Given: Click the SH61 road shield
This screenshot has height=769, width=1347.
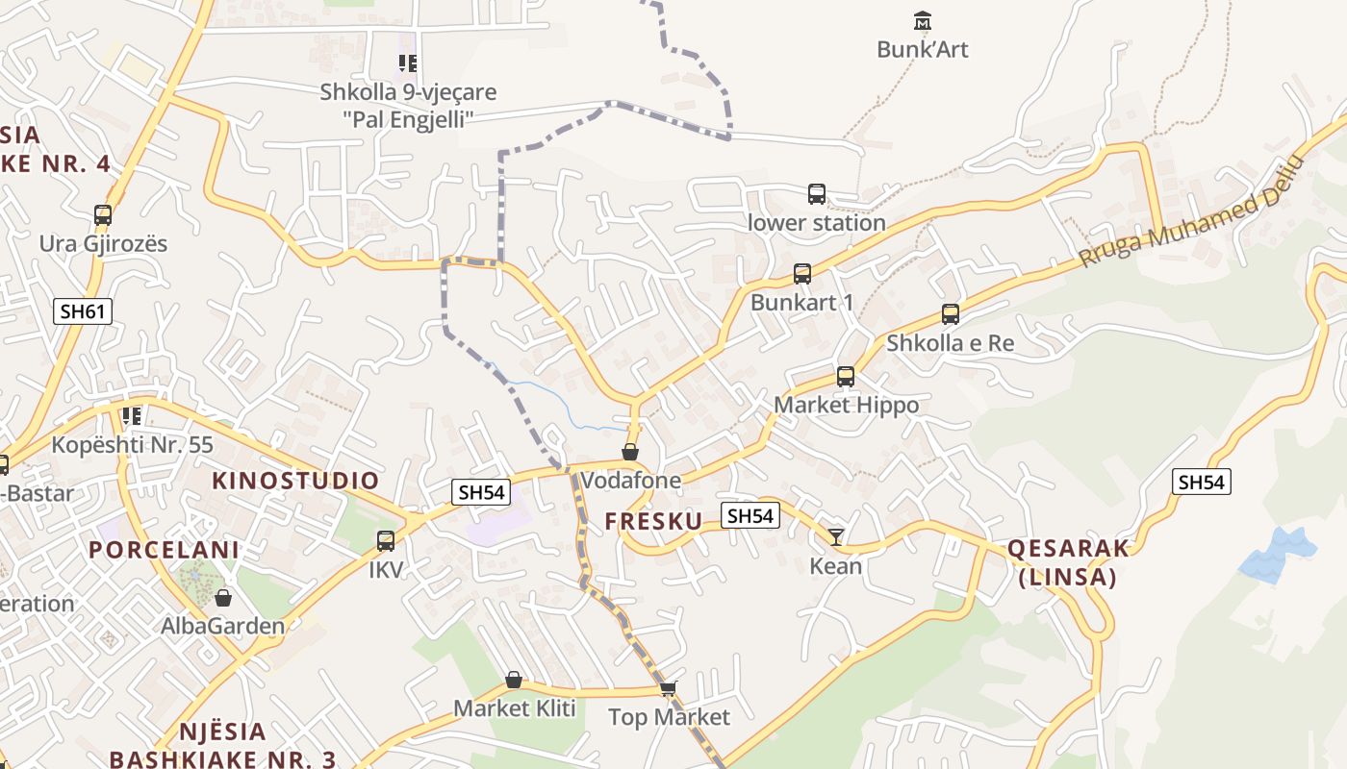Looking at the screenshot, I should tap(82, 310).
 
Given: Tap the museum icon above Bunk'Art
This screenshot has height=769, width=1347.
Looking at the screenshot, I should tap(923, 20).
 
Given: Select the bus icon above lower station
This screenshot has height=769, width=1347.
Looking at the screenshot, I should tap(816, 194).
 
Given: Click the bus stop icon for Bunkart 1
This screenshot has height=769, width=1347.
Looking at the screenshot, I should tap(802, 274).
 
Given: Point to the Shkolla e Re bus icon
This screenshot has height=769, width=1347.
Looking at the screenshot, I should tap(951, 314).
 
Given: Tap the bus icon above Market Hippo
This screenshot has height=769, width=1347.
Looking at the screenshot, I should tap(846, 377).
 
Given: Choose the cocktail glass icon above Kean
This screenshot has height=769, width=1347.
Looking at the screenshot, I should tap(836, 536).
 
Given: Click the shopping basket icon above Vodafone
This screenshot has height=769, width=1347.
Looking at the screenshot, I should tap(630, 452).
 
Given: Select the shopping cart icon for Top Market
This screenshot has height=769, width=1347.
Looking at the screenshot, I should tap(669, 688).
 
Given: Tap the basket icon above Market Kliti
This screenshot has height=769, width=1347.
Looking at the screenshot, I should tap(514, 681).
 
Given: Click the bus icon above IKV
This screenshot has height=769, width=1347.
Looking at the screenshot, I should tap(386, 541).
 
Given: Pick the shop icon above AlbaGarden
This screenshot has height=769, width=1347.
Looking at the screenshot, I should tap(223, 598).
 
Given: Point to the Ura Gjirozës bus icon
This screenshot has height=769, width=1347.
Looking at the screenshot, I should tap(103, 215).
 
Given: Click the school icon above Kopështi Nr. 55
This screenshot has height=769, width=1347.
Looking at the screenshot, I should tap(132, 416).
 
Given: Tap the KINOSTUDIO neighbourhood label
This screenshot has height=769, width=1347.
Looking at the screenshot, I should tap(295, 481).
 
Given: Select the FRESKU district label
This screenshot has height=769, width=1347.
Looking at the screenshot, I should tap(653, 521).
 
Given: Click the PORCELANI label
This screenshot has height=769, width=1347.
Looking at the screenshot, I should tap(164, 550).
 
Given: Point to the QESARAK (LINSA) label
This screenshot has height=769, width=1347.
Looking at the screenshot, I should tap(1068, 562).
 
